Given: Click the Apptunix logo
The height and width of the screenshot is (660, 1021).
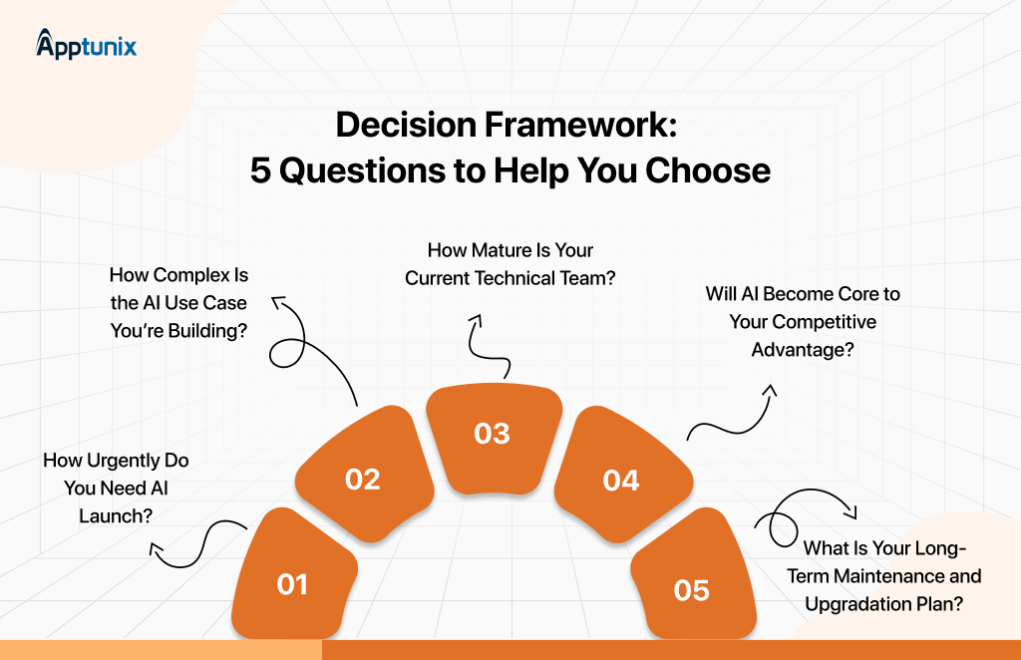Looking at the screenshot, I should click(x=86, y=45).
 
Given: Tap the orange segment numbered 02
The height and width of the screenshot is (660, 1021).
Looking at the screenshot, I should click(x=362, y=473).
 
